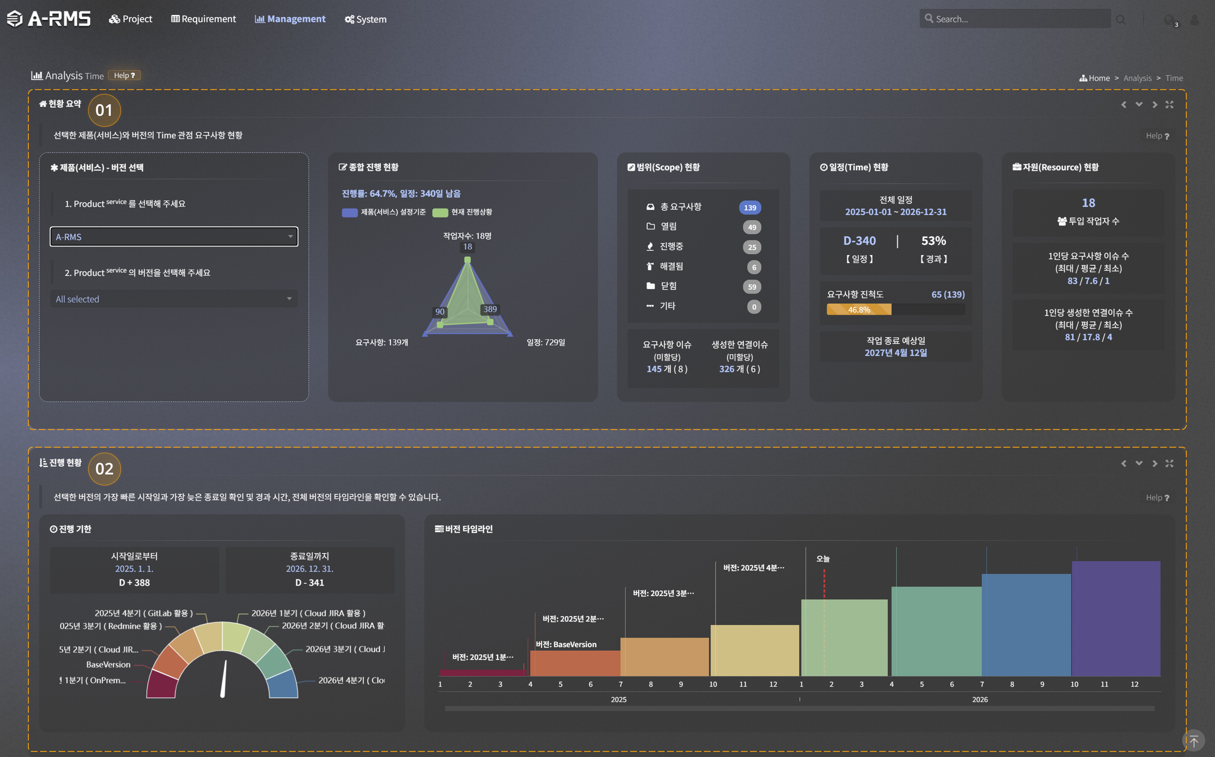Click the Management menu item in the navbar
click(x=290, y=19)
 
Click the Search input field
click(x=1016, y=19)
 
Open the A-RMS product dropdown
click(x=174, y=237)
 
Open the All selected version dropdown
click(x=174, y=299)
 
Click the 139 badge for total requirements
click(x=750, y=207)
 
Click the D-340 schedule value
click(x=859, y=241)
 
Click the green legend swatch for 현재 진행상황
click(x=440, y=212)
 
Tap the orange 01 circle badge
click(x=104, y=110)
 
